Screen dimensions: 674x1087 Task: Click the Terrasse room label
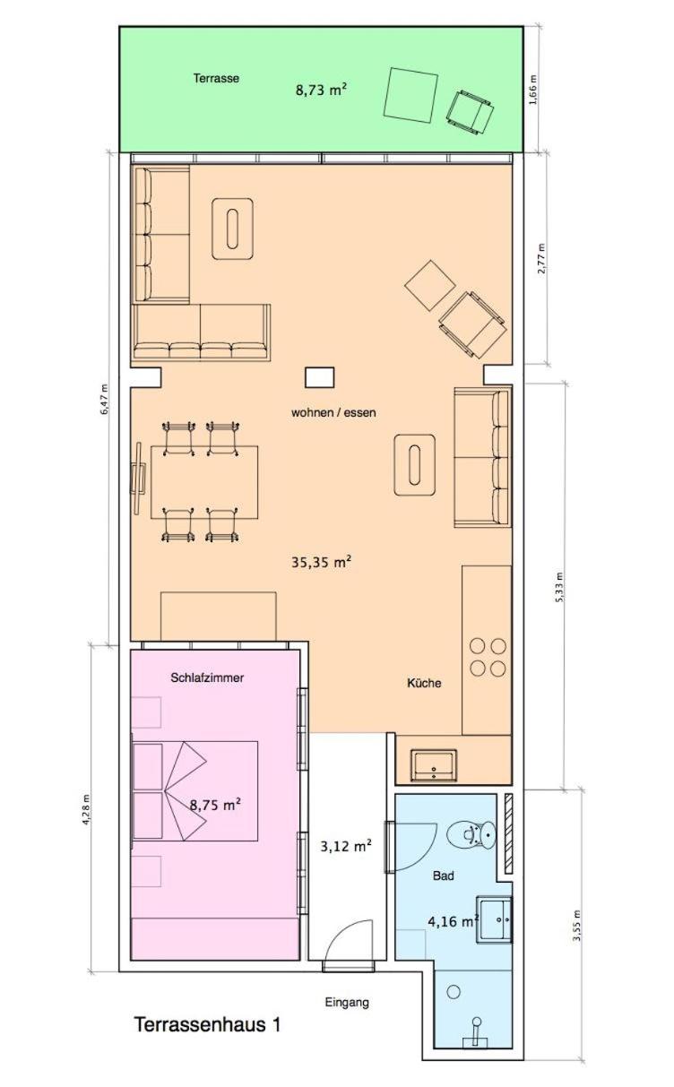point(216,78)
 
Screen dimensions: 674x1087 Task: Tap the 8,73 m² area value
point(321,90)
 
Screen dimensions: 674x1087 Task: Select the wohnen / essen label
point(333,412)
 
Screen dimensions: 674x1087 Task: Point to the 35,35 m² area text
point(321,562)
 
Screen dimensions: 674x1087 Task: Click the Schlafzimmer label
point(207,678)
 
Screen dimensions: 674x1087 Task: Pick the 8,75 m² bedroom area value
point(215,805)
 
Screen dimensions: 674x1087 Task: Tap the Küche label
point(424,683)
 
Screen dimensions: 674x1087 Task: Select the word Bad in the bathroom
point(444,876)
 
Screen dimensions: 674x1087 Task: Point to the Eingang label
point(347,1002)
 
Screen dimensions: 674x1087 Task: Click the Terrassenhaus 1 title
point(207,1025)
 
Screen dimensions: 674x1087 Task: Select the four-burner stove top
point(488,657)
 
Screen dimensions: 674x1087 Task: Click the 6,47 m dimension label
point(104,400)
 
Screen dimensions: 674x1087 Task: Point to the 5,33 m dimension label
point(559,587)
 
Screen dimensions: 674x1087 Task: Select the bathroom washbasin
point(495,919)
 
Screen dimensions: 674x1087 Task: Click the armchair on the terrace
point(470,112)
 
